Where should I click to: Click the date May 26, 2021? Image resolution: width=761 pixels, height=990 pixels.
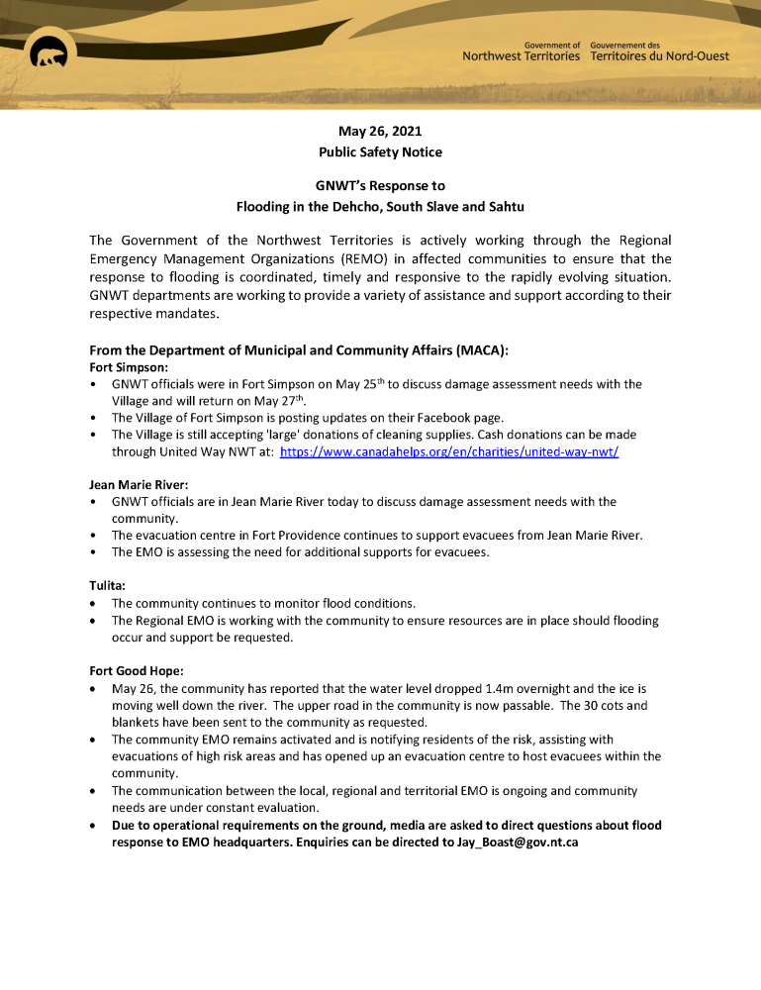click(380, 131)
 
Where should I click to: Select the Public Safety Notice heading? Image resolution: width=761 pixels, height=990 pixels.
click(380, 152)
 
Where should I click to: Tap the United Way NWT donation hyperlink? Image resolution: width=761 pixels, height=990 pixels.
click(449, 450)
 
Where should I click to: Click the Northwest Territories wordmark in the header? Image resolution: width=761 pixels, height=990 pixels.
click(521, 56)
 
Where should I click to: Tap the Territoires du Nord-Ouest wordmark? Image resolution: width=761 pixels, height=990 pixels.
click(659, 56)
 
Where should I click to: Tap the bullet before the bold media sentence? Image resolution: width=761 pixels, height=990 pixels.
click(93, 825)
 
